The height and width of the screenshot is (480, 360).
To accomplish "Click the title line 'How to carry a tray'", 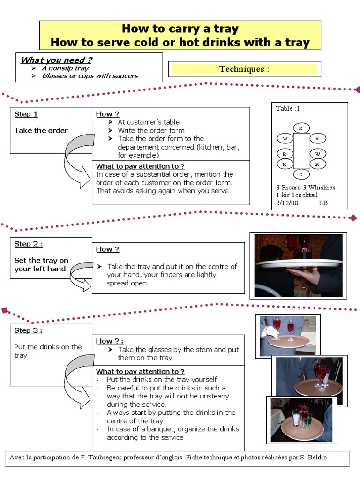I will pyautogui.click(x=180, y=29).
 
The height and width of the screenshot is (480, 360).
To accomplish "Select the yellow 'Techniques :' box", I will pyautogui.click(x=244, y=69).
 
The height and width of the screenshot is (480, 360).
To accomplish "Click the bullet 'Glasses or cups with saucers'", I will pyautogui.click(x=90, y=76).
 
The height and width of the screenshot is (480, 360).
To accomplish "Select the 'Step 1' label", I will pyautogui.click(x=26, y=114).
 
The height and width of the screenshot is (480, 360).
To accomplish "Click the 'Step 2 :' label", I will pyautogui.click(x=29, y=244).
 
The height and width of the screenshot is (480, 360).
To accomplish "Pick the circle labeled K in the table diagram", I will pyautogui.click(x=284, y=164).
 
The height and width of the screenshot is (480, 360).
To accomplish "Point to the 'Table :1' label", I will pyautogui.click(x=288, y=108).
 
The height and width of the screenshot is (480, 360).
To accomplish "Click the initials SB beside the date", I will pyautogui.click(x=323, y=203).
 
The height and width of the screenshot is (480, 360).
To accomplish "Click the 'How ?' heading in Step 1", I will pyautogui.click(x=107, y=114).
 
